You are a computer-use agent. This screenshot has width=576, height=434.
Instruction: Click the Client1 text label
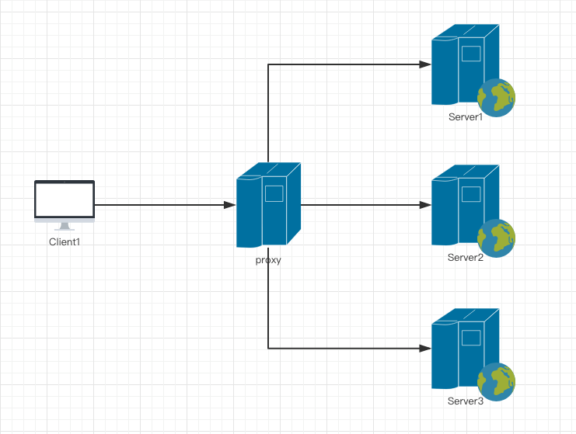point(65,241)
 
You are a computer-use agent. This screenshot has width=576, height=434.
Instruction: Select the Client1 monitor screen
point(65,200)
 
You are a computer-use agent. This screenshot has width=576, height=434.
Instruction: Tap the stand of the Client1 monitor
point(65,227)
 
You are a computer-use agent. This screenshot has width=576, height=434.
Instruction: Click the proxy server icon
point(268,205)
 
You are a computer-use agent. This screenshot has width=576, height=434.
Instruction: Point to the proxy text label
point(268,260)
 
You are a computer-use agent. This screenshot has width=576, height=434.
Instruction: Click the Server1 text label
point(466,117)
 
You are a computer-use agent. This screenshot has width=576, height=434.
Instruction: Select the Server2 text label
point(466,258)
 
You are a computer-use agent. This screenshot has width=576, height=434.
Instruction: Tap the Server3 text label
point(466,401)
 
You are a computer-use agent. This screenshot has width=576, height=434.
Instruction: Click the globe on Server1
point(496,98)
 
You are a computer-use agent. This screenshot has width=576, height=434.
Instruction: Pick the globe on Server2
point(496,238)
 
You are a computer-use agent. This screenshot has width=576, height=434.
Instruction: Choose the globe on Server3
point(496,381)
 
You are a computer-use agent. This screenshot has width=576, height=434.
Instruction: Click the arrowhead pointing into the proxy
point(230,205)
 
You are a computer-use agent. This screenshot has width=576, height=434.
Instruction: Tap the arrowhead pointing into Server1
point(425,64)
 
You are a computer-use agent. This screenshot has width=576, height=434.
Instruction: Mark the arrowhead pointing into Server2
point(425,205)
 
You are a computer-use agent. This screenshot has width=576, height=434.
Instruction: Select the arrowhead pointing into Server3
point(425,348)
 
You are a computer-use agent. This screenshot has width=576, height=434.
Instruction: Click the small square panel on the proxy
point(274,193)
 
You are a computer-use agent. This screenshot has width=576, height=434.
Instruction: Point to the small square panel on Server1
point(471,54)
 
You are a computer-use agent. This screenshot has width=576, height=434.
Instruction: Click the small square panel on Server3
point(471,338)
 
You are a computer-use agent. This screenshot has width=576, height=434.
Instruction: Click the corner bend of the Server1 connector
point(268,64)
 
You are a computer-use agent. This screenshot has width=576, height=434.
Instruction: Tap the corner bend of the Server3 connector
point(268,348)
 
